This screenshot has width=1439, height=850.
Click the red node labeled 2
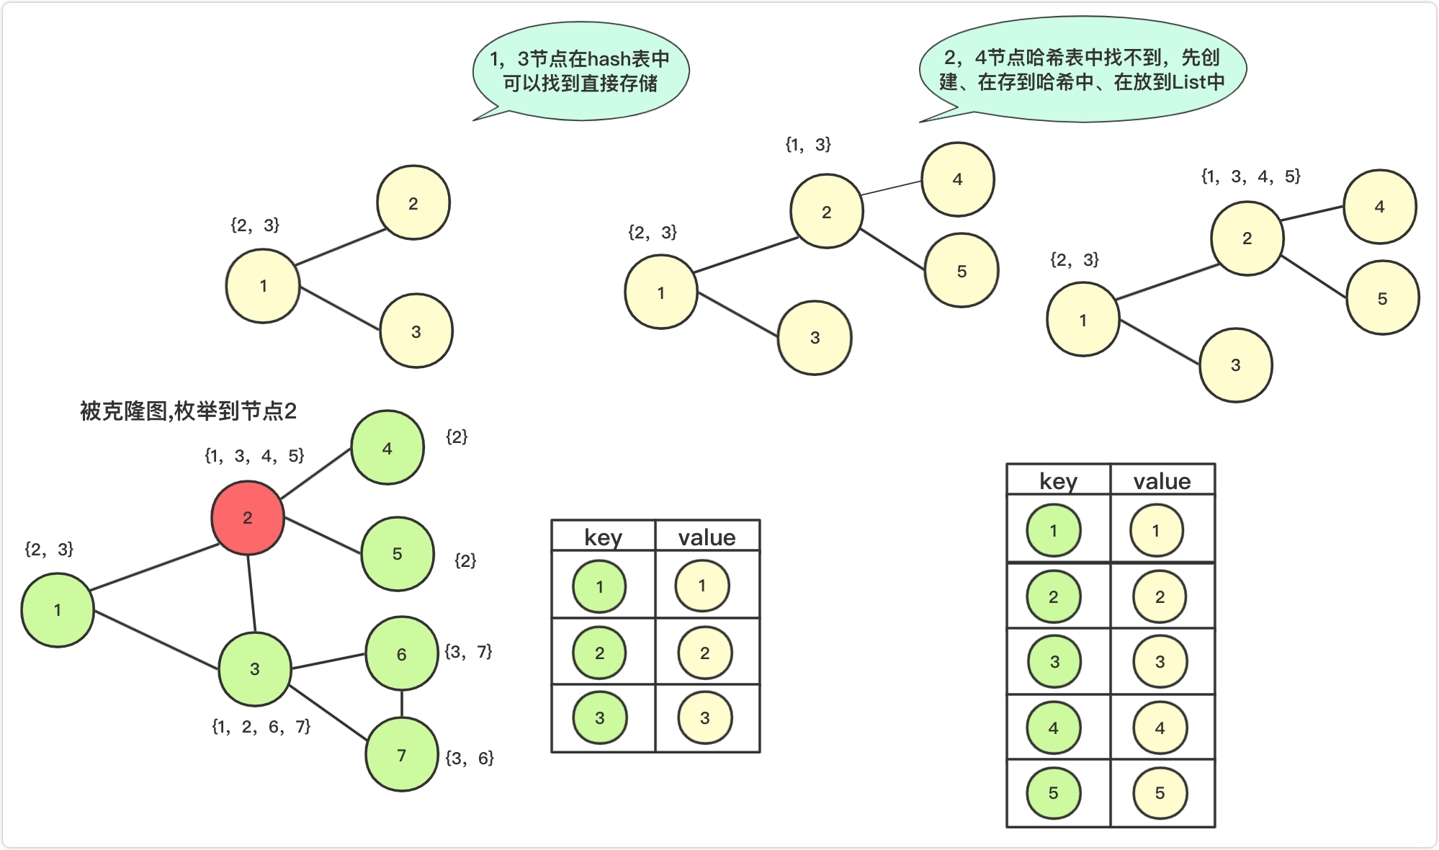pos(247,517)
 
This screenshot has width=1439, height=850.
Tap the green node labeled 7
pos(401,754)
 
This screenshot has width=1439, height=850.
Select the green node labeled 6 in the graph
pos(401,653)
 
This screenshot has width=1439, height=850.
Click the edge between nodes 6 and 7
pos(402,704)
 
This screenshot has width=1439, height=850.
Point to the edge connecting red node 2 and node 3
pos(251,593)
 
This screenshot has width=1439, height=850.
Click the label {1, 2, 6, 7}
pos(261,727)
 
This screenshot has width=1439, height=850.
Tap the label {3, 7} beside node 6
pos(468,652)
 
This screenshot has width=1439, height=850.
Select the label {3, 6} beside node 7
pos(469,758)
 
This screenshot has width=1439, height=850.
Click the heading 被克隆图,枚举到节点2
pos(188,411)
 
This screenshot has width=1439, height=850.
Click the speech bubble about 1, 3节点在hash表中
pos(580,71)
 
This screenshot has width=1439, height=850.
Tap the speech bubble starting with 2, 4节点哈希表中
pos(1082,69)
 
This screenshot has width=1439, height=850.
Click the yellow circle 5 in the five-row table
pos(1160,792)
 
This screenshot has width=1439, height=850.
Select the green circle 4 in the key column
pos(1053,728)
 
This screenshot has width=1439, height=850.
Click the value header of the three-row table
pos(707,537)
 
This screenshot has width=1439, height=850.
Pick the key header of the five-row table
pos(1058,481)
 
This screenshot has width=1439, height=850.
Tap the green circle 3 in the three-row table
pos(599,717)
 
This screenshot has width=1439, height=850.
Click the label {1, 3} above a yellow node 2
pos(808,145)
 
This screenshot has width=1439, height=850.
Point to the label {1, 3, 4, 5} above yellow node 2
pos(1250,176)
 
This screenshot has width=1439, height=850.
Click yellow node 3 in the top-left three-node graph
pos(416,331)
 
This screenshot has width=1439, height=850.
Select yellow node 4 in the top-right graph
pos(1379,207)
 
